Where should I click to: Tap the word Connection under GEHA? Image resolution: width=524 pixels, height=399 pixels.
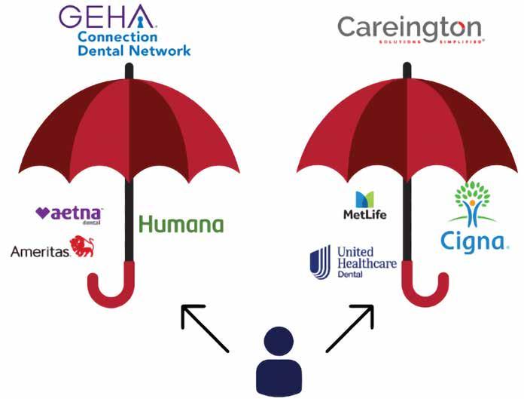pos(117,37)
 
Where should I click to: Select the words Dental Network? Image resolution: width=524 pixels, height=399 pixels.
pos(134,51)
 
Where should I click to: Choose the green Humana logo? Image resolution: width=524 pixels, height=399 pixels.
pos(181,224)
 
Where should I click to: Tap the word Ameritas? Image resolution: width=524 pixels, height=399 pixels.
pos(39,251)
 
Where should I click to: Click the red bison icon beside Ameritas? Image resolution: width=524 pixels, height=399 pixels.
pos(82,247)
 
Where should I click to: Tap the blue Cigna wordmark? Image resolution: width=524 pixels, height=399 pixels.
pos(474,241)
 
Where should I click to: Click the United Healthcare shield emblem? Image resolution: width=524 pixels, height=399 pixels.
pos(321,261)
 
